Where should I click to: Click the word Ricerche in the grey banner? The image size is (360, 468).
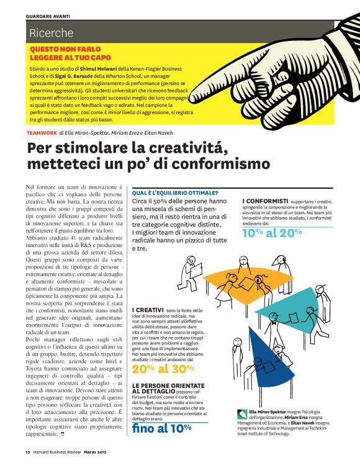click(x=51, y=33)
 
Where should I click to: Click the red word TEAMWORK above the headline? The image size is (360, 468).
click(x=42, y=133)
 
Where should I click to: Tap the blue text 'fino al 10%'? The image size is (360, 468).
click(x=161, y=428)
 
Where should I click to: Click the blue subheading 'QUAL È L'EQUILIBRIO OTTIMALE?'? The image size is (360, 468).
click(x=175, y=192)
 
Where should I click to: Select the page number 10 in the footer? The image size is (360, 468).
click(x=29, y=452)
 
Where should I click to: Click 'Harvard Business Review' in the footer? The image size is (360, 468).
click(x=58, y=452)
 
